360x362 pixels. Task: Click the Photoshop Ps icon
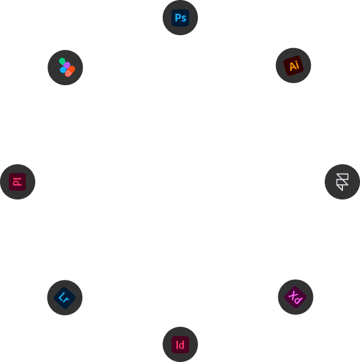coord(180,18)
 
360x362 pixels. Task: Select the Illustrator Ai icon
coord(294,66)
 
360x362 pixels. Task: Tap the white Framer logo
coord(342,182)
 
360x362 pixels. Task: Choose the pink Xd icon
coord(295,297)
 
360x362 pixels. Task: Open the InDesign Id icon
coord(180,344)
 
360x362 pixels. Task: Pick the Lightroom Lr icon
coord(65,298)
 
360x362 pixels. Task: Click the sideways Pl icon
coord(18,182)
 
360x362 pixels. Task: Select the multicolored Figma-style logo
coord(67,67)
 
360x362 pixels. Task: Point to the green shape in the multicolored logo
coord(62,61)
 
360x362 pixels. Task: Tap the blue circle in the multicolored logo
coord(63,70)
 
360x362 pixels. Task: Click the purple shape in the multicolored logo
coord(67,65)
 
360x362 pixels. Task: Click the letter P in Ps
coord(177,18)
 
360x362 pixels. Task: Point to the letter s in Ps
coord(183,19)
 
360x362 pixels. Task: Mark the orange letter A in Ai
coord(292,66)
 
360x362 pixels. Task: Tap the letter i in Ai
coord(298,65)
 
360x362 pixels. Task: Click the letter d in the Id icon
coord(182,345)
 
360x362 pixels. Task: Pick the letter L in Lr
coord(62,296)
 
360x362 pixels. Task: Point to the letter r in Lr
coord(66,300)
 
